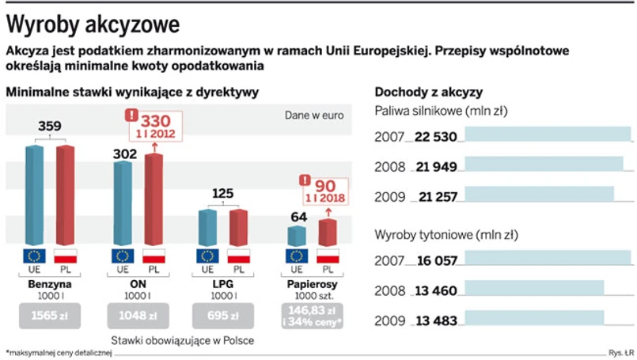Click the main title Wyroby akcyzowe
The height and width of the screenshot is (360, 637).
92,24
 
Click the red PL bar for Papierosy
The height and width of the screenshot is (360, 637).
327,233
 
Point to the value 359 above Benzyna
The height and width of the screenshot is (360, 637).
50,126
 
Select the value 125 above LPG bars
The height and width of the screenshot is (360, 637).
223,193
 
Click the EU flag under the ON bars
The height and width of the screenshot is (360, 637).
122,256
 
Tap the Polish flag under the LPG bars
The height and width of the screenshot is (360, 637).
237,256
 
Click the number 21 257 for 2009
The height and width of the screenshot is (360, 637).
434,196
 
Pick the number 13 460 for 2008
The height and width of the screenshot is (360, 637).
434,290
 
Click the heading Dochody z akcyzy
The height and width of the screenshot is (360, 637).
428,92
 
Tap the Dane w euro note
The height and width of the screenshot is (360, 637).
314,115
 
